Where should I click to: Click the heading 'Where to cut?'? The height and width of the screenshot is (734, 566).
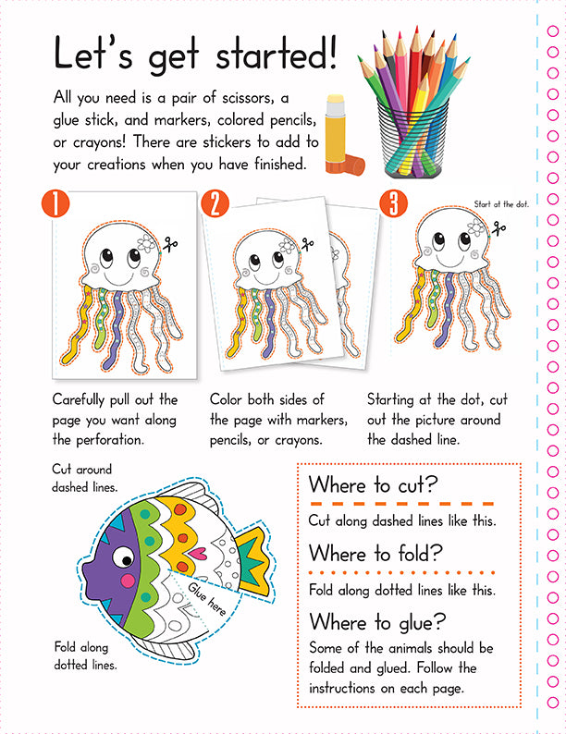[373, 484]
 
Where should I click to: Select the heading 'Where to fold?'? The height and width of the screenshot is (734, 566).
[375, 554]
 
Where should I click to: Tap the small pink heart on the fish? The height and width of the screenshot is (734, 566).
[197, 555]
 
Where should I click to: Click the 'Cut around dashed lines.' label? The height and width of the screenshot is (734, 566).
[85, 479]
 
